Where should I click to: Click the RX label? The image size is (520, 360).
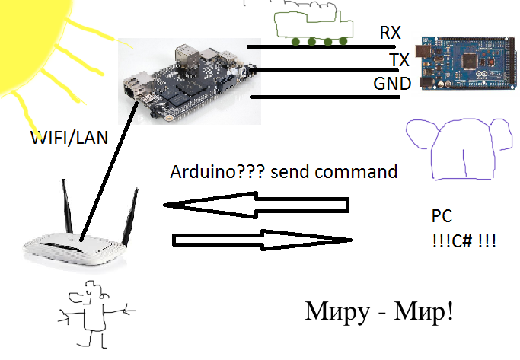click(391, 33)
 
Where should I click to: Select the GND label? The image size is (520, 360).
click(392, 84)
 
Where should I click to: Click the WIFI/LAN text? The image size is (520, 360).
click(69, 138)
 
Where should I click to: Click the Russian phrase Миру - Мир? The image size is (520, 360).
click(379, 311)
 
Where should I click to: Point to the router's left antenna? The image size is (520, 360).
click(67, 205)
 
